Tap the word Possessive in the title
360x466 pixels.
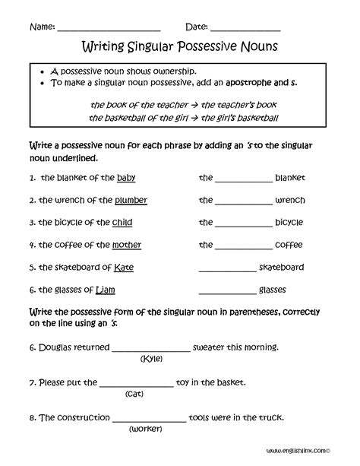[x=198, y=46]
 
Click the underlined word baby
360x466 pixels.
[x=126, y=178]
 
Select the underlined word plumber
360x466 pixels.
[x=131, y=201]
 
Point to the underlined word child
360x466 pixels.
[x=122, y=223]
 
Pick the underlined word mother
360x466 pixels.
[x=126, y=245]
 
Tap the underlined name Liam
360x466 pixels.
[x=106, y=290]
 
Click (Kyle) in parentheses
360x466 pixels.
[x=151, y=359]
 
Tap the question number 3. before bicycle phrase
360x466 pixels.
[x=33, y=223]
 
